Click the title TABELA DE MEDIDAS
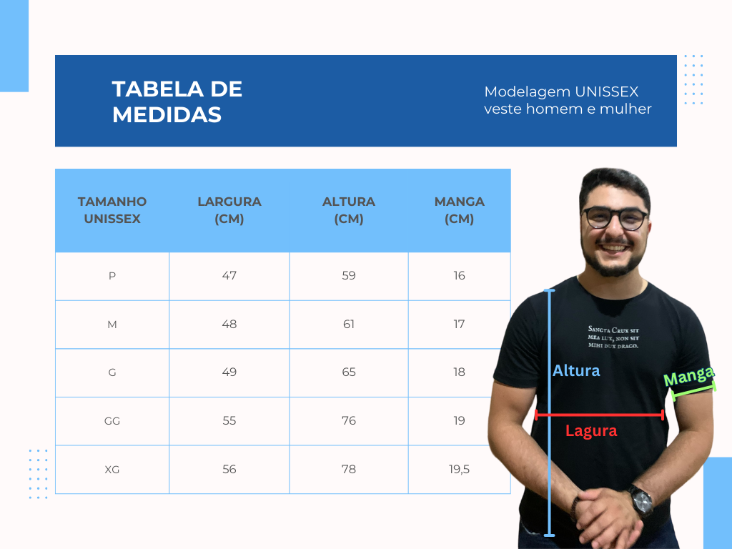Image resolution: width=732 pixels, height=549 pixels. click(x=177, y=101)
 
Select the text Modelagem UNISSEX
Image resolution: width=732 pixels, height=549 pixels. click(x=561, y=92)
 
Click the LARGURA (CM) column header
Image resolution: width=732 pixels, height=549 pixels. click(x=229, y=210)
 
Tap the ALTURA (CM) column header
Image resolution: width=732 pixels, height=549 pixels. click(x=349, y=210)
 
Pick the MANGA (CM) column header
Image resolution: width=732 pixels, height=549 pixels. click(x=460, y=210)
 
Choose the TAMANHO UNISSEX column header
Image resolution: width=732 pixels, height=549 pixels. click(x=112, y=210)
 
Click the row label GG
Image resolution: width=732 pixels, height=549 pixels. click(x=112, y=421)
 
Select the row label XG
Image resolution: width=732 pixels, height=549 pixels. click(x=112, y=470)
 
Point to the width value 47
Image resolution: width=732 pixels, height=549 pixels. click(x=229, y=276)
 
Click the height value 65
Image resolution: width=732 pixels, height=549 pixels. click(x=349, y=372)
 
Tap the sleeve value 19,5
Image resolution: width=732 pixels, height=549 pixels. click(x=460, y=470)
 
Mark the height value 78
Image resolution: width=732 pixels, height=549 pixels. click(x=349, y=470)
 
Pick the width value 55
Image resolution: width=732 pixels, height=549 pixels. click(x=229, y=421)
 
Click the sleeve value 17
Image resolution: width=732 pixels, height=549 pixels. click(x=460, y=325)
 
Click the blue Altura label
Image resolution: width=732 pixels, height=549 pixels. click(x=576, y=371)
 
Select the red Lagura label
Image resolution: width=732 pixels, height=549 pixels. click(x=591, y=431)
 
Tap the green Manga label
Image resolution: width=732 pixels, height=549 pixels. click(x=689, y=376)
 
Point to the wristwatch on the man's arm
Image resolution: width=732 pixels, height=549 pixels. click(x=641, y=501)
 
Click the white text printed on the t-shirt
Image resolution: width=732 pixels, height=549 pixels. click(x=613, y=337)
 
